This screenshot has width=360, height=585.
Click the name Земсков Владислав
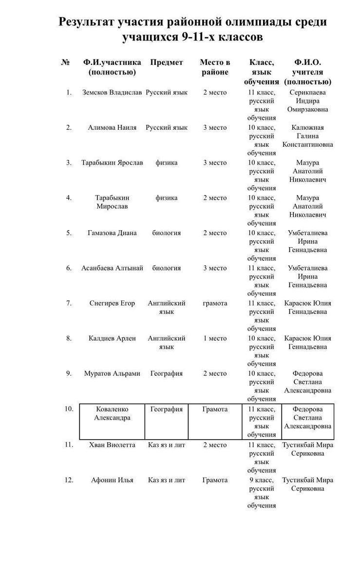pos(112,93)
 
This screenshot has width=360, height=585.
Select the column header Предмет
pos(167,62)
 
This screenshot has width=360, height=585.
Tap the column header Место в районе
pos(215,67)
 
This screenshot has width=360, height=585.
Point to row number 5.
pos(69,233)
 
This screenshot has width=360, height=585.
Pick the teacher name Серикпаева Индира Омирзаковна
pos(307,101)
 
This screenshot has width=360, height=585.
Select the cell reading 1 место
pos(215,338)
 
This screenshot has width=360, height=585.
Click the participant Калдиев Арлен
pos(112,338)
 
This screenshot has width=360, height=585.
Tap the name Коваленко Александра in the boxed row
pos(112,413)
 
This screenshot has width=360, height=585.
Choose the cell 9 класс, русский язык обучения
pos(262,492)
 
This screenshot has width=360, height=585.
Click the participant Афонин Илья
pos(112,480)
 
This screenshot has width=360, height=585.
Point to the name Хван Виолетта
pos(112,445)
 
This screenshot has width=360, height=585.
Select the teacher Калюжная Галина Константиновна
pos(307,136)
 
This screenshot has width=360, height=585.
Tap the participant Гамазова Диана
pos(112,233)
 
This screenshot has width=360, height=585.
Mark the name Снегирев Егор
pos(112,303)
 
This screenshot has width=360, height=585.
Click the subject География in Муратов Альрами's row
pos(167,373)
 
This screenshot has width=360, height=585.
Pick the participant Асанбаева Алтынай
pos(112,268)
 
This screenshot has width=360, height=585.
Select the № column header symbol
pos(65,62)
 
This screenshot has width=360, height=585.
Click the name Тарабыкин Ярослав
pos(112,163)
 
